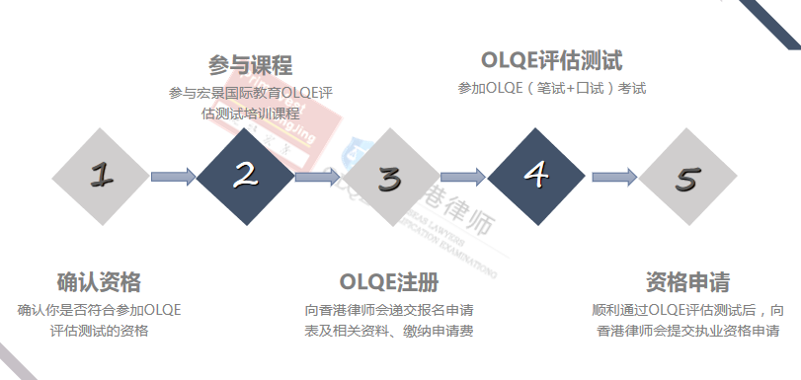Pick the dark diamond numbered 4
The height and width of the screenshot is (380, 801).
(536, 177)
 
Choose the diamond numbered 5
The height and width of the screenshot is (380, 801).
(686, 179)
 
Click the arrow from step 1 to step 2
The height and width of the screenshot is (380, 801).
(173, 178)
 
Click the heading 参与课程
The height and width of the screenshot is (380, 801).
(251, 66)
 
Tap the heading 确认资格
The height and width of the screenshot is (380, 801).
(99, 281)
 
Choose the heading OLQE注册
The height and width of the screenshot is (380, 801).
(388, 281)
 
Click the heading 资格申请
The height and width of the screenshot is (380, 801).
(687, 281)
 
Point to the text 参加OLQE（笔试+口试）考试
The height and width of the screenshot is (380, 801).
(551, 89)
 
